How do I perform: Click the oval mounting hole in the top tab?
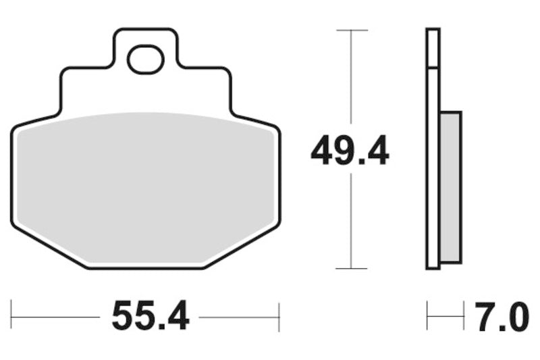146,59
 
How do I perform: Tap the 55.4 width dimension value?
151,316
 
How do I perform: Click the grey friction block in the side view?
451,187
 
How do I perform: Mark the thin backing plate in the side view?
433,149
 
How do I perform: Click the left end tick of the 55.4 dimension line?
11,316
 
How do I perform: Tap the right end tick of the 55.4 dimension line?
279,316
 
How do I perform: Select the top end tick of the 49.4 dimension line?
351,30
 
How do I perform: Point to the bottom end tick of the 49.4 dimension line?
351,268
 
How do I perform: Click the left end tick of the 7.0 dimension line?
427,316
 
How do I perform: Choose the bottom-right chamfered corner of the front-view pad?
243,247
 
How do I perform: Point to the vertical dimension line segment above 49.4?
351,81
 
